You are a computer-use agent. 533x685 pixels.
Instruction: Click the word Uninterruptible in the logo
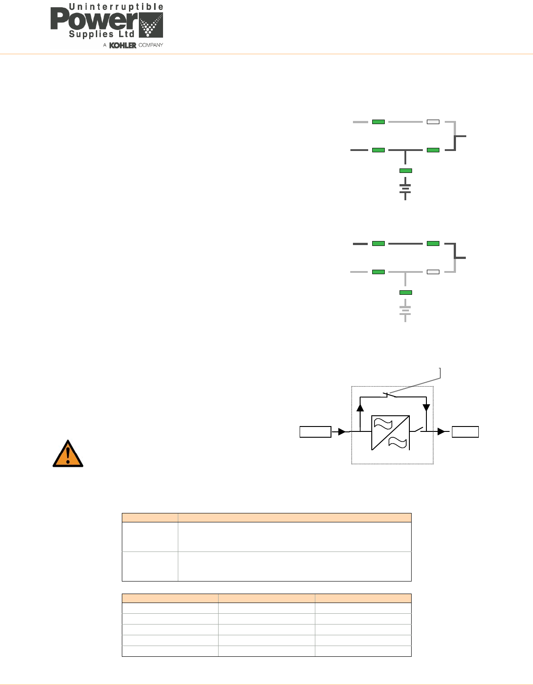[116, 8]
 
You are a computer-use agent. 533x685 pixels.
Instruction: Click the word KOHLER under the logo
[123, 45]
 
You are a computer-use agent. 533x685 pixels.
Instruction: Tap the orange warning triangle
[68, 454]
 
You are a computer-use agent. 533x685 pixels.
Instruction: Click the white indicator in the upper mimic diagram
[433, 122]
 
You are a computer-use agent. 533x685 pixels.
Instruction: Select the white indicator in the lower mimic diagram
[433, 272]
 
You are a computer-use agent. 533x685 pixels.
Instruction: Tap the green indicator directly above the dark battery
[405, 171]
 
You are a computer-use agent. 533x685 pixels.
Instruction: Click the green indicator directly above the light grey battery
[405, 293]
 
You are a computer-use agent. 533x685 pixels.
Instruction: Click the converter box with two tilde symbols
[391, 433]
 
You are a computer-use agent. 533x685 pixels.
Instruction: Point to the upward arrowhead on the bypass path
[360, 407]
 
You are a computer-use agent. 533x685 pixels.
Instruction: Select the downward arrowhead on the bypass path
[426, 408]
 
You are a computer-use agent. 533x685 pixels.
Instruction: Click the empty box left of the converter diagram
[315, 432]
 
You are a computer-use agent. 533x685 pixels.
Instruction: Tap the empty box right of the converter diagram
[465, 432]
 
